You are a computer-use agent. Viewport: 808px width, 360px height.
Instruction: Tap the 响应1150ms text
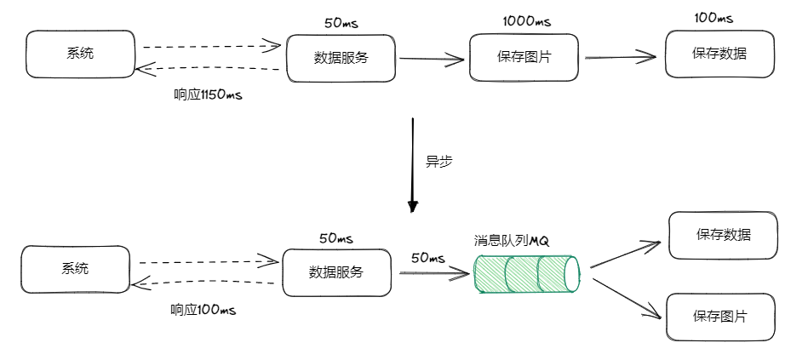(x=208, y=94)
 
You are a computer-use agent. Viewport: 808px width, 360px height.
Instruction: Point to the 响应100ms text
(x=203, y=310)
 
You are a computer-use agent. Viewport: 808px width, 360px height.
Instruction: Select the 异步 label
(x=438, y=161)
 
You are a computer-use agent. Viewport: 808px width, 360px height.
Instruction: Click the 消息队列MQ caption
(x=512, y=240)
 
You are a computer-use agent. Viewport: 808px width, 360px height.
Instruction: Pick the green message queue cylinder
(x=526, y=272)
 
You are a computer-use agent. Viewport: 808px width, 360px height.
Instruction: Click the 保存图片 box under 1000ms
(x=524, y=58)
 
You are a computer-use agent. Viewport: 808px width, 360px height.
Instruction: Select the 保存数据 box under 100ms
(x=719, y=53)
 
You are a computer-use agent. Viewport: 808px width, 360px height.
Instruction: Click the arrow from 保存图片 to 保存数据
(x=621, y=57)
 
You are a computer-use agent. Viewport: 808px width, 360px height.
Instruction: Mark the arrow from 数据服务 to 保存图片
(x=433, y=59)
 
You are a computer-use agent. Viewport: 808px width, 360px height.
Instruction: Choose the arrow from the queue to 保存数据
(x=625, y=254)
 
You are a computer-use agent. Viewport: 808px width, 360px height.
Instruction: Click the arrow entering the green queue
(x=434, y=273)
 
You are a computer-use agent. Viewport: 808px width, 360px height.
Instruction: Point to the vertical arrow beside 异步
(x=413, y=164)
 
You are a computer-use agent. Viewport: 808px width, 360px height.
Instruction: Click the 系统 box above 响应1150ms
(x=80, y=53)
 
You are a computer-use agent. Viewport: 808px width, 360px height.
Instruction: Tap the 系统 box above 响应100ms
(x=75, y=269)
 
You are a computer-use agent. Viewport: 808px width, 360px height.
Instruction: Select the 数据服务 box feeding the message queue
(x=335, y=272)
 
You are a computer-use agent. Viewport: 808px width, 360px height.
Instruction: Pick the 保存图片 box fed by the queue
(x=720, y=317)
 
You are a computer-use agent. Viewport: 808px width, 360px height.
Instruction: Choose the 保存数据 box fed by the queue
(x=723, y=235)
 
